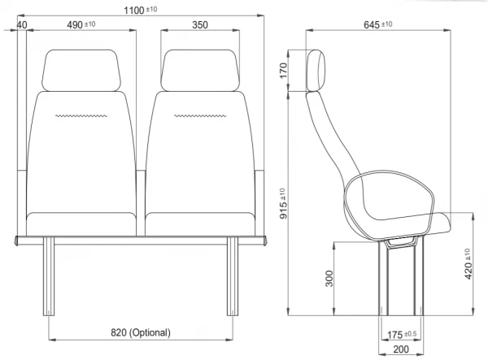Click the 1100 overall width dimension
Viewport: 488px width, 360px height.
141,11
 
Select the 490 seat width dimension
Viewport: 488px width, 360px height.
81,24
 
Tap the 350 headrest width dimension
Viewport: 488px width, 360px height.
200,25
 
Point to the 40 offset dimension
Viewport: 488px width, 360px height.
22,25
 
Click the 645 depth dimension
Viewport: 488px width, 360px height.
378,24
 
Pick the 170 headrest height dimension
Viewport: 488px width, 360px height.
283,71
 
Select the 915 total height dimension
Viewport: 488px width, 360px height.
283,203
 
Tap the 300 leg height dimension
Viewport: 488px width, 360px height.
329,278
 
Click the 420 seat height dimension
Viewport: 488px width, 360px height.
468,263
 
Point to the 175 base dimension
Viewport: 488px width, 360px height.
402,335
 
